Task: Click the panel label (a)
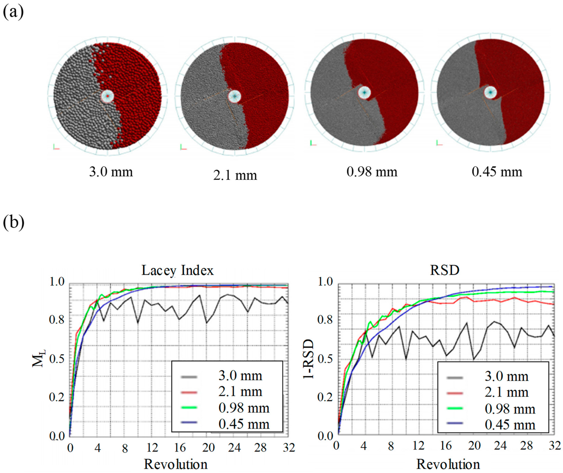(x=13, y=12)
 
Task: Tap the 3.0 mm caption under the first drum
(x=111, y=172)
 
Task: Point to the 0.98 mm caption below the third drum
(x=372, y=172)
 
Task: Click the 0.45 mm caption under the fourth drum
(x=497, y=172)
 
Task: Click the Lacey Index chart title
(x=177, y=270)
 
